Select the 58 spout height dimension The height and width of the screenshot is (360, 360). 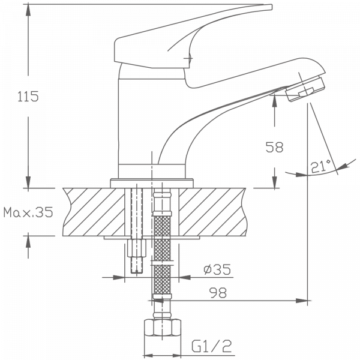(x=273, y=146)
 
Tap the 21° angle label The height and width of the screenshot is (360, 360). (x=322, y=166)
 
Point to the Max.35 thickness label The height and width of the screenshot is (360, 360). (x=28, y=212)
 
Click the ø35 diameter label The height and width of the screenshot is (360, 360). (x=217, y=270)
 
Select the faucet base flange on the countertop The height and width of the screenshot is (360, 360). (x=152, y=181)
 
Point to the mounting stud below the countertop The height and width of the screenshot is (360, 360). (x=136, y=255)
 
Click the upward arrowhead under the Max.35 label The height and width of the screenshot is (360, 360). (x=28, y=241)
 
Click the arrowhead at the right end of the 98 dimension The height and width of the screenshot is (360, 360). (x=306, y=298)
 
